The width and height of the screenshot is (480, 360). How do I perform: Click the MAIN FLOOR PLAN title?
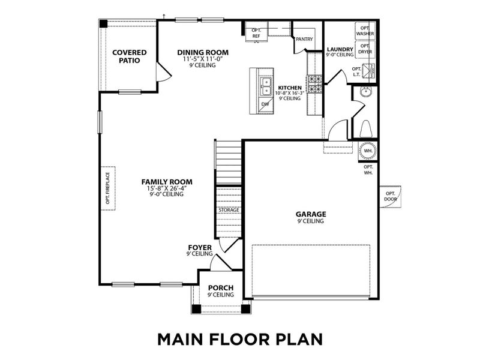(240, 338)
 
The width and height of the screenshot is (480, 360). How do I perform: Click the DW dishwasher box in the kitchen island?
(265, 104)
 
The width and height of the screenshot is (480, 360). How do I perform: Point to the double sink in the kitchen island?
(265, 88)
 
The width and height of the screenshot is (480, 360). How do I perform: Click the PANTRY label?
(304, 39)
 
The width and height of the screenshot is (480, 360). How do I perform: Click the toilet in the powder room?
(365, 128)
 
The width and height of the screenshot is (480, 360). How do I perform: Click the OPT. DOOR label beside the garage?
(391, 196)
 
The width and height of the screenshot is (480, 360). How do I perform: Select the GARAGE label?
(311, 214)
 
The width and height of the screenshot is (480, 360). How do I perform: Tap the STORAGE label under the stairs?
(229, 210)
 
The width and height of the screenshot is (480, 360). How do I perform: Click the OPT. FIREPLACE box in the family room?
(109, 188)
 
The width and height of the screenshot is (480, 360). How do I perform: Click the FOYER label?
(200, 247)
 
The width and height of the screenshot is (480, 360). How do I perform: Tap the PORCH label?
(220, 288)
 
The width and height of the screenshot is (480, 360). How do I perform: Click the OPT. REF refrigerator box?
(256, 34)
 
